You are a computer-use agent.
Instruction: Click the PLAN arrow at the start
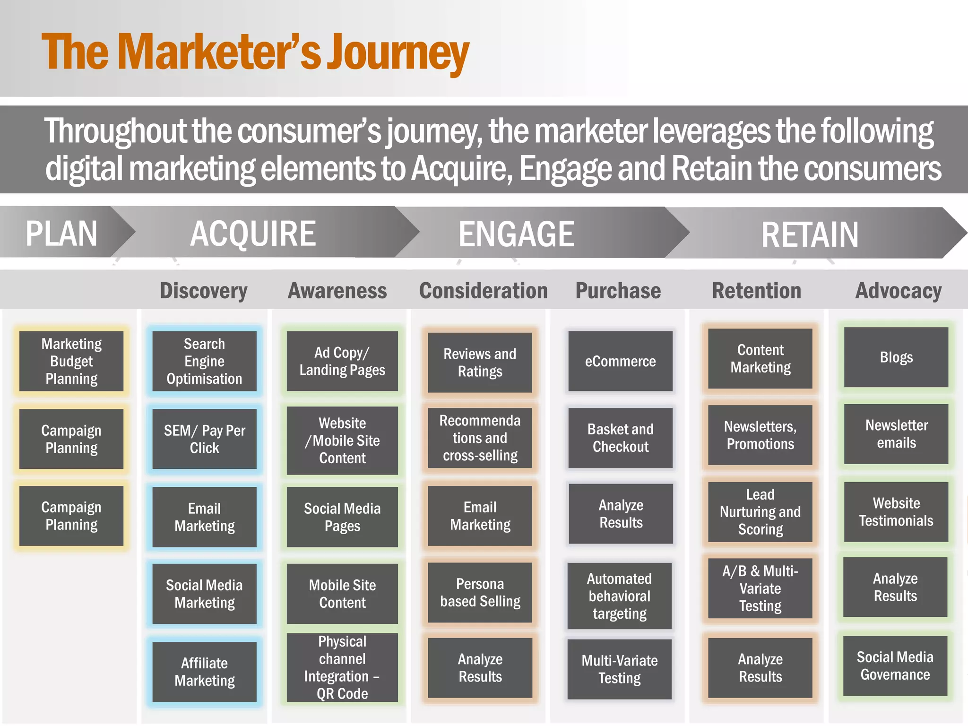[x=61, y=233]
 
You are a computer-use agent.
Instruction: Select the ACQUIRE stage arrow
[x=253, y=233]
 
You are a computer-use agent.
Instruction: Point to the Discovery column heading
[x=203, y=290]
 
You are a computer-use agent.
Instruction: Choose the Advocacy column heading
[x=898, y=290]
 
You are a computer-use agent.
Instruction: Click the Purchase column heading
[x=618, y=290]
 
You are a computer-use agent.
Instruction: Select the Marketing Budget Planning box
[x=71, y=361]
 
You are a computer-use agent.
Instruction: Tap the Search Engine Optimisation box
[x=204, y=361]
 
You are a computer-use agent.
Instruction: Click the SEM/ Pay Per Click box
[x=204, y=439]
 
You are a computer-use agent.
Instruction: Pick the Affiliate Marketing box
[x=204, y=672]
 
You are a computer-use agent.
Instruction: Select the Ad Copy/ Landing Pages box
[x=342, y=361]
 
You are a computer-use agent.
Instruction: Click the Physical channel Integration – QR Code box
[x=342, y=667]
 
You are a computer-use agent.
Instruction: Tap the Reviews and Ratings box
[x=480, y=363]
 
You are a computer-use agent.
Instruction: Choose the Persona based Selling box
[x=480, y=592]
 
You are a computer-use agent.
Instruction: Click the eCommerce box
[x=620, y=361]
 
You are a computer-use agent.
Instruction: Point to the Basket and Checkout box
[x=620, y=438]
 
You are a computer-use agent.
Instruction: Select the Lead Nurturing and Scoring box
[x=760, y=512]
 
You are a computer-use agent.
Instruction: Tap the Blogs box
[x=896, y=357]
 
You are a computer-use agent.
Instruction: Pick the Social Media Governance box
[x=895, y=665]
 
